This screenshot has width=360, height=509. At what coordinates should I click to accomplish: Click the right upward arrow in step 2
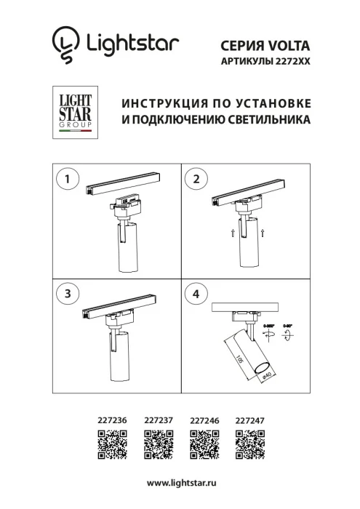(x=262, y=232)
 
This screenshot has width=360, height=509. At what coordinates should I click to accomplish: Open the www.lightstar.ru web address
(x=180, y=483)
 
